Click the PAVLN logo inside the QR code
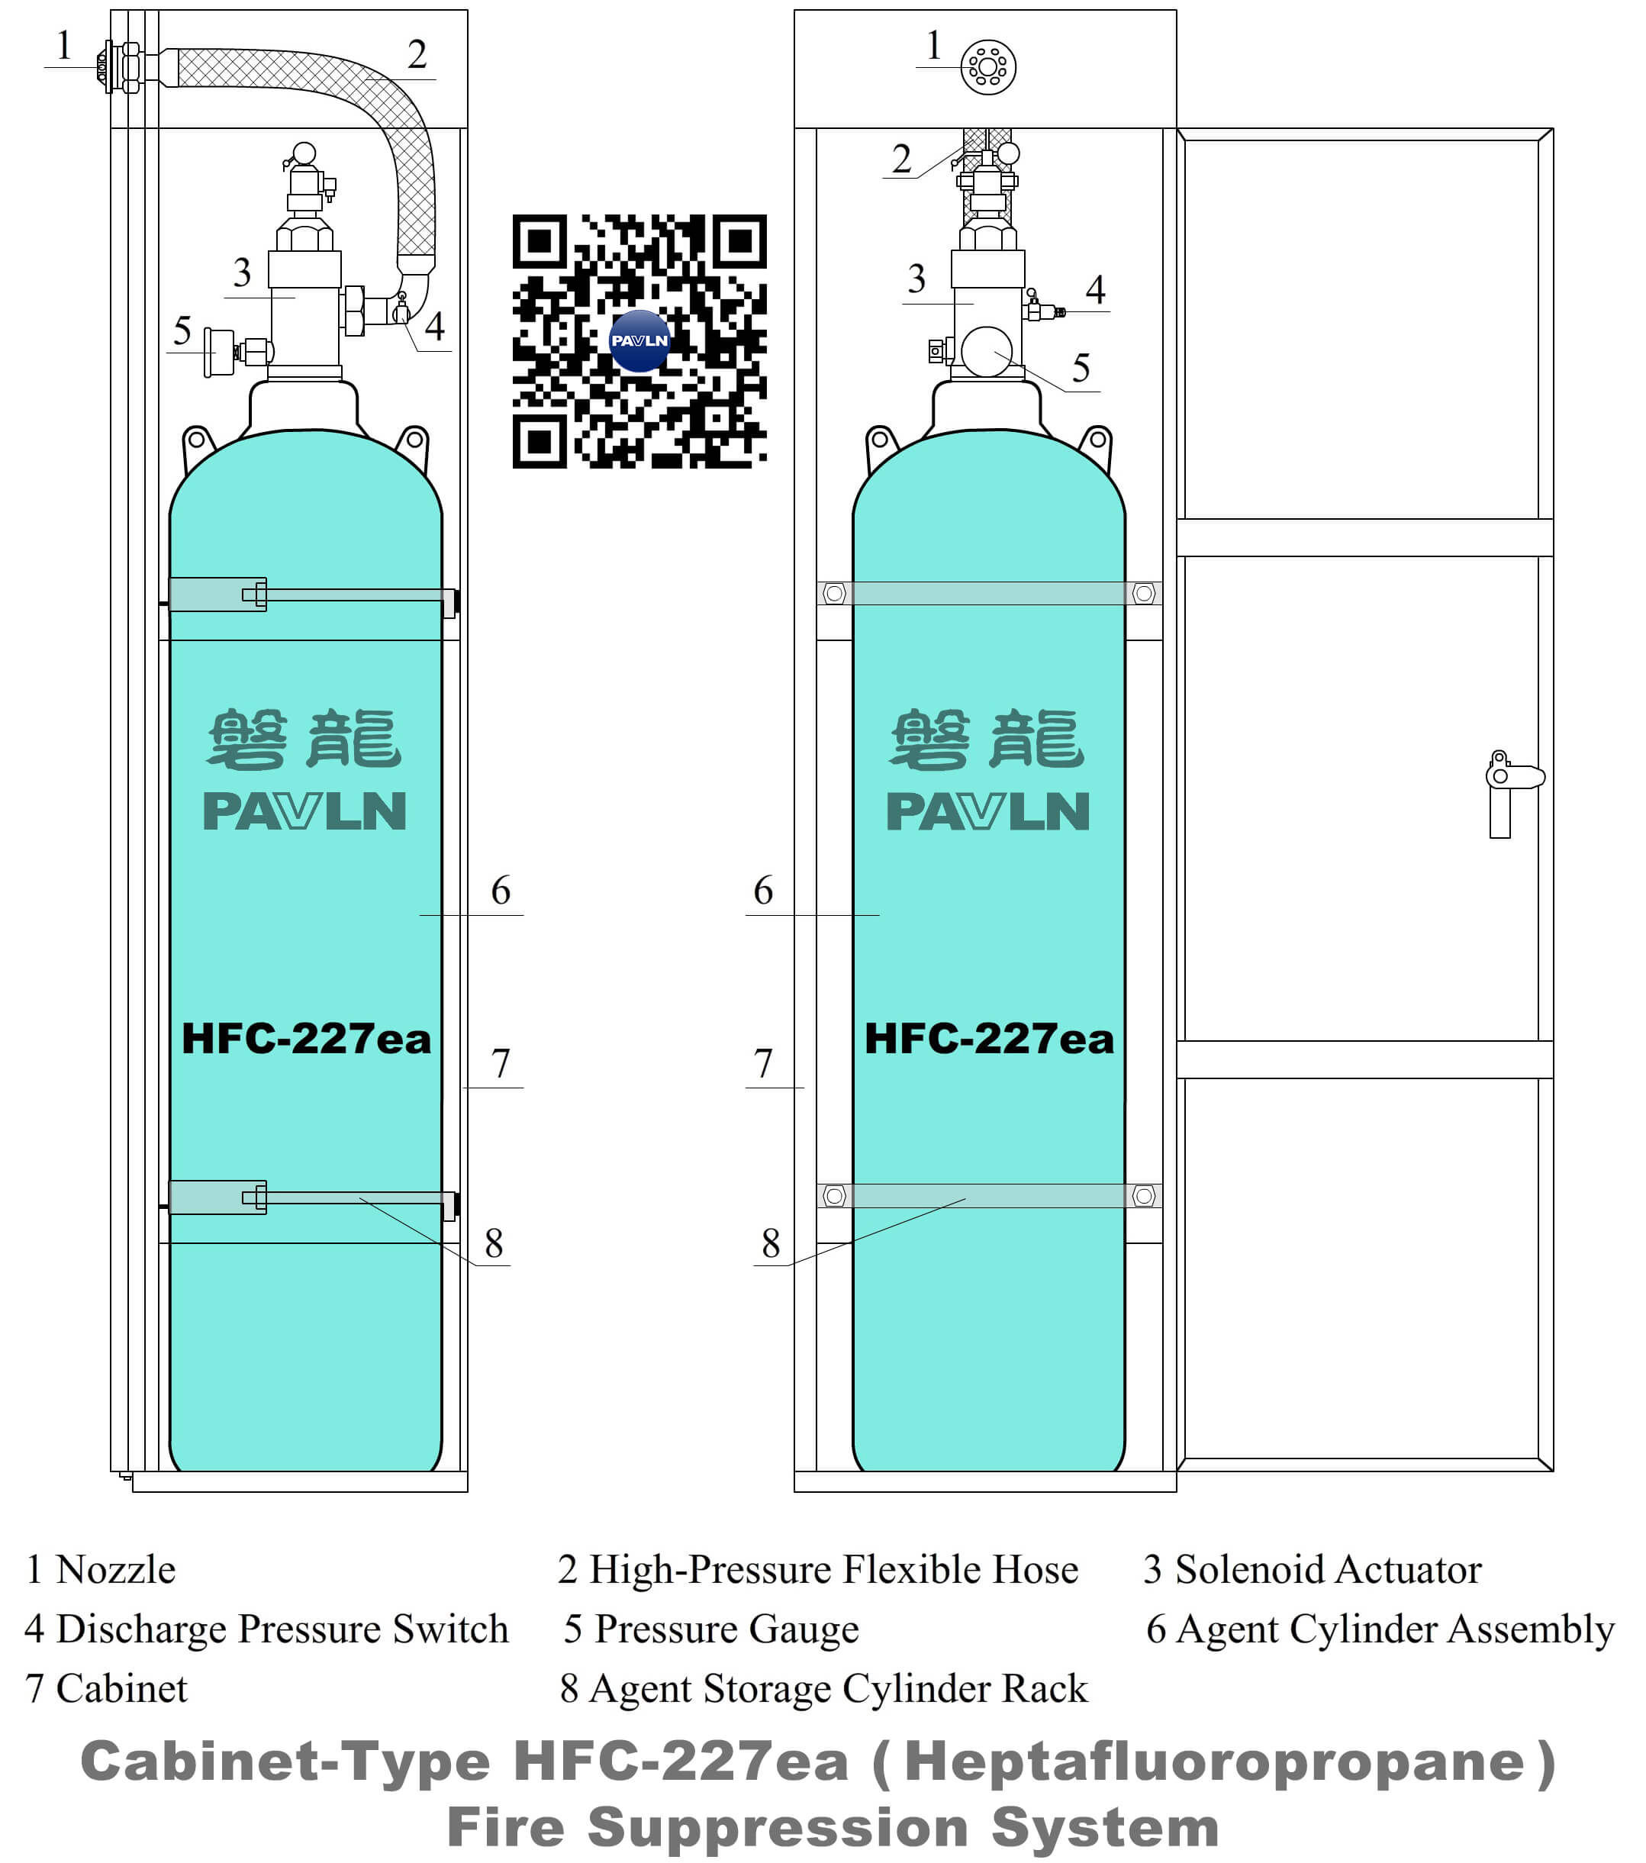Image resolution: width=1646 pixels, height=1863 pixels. coord(639,341)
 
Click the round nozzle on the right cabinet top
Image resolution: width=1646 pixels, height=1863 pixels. coord(988,66)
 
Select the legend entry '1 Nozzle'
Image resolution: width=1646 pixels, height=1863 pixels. coord(100,1569)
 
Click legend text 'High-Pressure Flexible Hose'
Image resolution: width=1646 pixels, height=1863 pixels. coord(833,1569)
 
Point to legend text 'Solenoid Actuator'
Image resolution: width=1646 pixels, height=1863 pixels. coord(1327,1569)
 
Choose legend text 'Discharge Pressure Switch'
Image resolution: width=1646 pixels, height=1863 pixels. coord(282,1629)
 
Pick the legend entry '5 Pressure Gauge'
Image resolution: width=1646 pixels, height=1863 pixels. coord(711,1629)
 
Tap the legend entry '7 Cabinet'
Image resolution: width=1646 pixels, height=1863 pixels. coord(107,1688)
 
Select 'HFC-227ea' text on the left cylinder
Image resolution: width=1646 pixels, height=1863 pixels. coord(306,1038)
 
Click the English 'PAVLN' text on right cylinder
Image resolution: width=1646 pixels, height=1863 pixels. coord(988,811)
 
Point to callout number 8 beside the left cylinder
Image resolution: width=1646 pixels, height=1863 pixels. coord(494,1243)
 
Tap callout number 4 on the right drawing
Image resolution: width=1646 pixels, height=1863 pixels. coord(1096,290)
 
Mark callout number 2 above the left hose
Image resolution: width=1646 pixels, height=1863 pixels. coord(417,55)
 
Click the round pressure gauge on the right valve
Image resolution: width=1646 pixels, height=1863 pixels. coord(986,352)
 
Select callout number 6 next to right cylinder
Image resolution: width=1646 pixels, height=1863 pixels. coord(763,891)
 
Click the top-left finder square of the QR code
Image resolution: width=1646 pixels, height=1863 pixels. coord(540,241)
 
